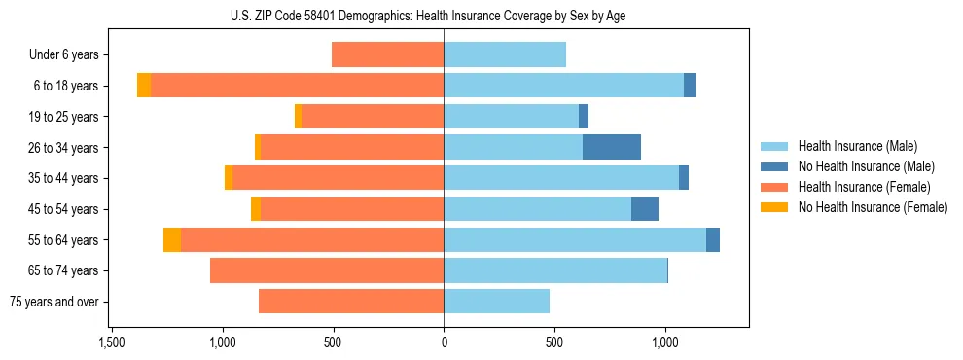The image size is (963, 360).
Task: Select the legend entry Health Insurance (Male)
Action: pyautogui.click(x=856, y=146)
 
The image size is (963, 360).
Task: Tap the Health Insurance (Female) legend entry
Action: pyautogui.click(x=864, y=187)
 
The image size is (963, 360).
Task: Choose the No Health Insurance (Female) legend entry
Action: pyautogui.click(x=873, y=207)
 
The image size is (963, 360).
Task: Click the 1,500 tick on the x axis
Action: pyautogui.click(x=112, y=342)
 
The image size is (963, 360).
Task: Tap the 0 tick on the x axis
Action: pyautogui.click(x=444, y=342)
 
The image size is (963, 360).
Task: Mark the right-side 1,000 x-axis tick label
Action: pyautogui.click(x=665, y=342)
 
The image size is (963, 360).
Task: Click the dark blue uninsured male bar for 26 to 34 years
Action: pyautogui.click(x=612, y=147)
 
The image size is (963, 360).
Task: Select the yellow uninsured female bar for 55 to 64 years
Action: pyautogui.click(x=172, y=239)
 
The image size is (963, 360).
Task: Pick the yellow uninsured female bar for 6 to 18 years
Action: pyautogui.click(x=144, y=86)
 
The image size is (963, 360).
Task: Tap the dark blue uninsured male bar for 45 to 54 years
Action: pyautogui.click(x=645, y=209)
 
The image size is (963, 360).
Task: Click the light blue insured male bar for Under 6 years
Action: pyautogui.click(x=505, y=54)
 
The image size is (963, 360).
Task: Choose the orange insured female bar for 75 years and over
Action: pyautogui.click(x=351, y=302)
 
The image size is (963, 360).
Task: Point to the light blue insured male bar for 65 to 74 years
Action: pyautogui.click(x=555, y=270)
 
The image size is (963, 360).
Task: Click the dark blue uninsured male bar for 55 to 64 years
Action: pyautogui.click(x=713, y=239)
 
